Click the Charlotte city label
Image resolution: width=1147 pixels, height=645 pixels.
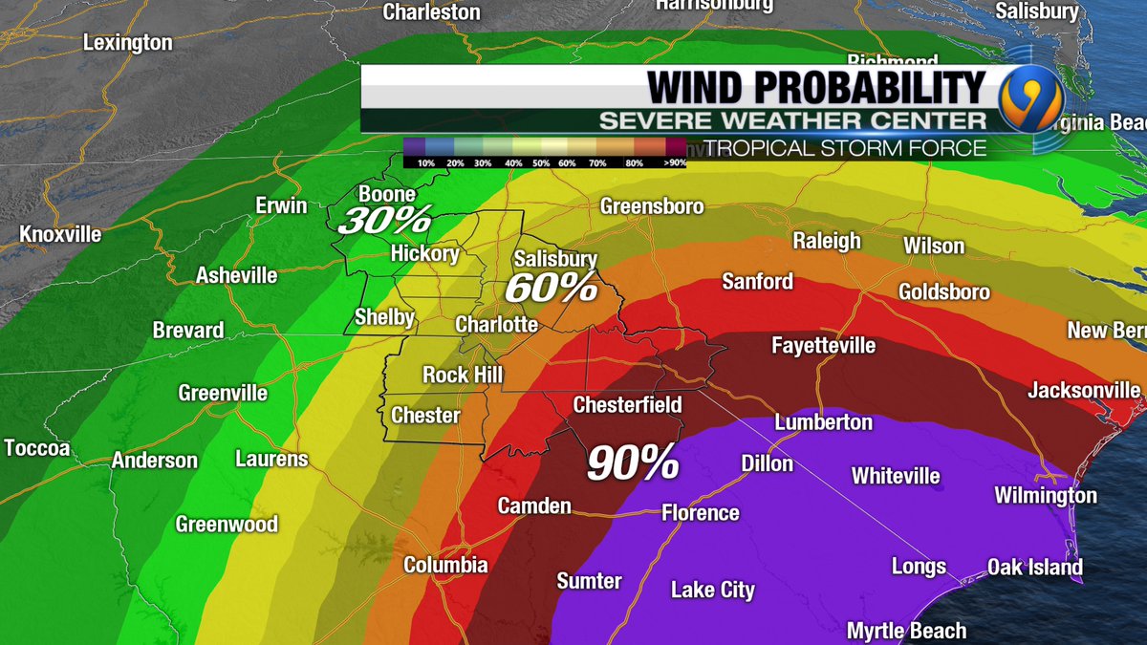pos(496,324)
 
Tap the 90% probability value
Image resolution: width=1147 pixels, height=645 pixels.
pos(632,463)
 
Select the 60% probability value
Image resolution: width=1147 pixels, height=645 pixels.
pos(551,287)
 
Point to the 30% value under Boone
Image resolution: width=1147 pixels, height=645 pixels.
pos(384,221)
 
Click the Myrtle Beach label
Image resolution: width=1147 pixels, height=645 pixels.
pos(906,631)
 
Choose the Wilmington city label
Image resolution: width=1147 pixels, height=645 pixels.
pos(1045,495)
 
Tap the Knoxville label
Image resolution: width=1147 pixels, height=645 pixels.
pos(60,234)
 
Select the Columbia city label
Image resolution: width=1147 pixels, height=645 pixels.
pos(445,565)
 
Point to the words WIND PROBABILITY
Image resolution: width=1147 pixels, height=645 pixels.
pos(815,87)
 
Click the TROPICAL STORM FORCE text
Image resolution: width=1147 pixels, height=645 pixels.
pos(846,148)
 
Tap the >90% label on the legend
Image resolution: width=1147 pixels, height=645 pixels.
pos(673,163)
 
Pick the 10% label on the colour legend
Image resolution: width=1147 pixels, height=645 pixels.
pos(426,163)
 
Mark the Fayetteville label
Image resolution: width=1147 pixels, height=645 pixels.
pos(823,345)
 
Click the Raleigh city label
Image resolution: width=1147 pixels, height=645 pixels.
pos(827,241)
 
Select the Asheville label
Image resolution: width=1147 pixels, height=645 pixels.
pos(236,275)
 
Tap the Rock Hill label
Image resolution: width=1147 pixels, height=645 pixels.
pos(463,374)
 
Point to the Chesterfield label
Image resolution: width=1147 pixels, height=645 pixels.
pos(627,404)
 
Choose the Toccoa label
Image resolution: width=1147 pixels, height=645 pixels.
pos(37,447)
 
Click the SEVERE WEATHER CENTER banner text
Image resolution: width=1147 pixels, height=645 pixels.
pos(791,120)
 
